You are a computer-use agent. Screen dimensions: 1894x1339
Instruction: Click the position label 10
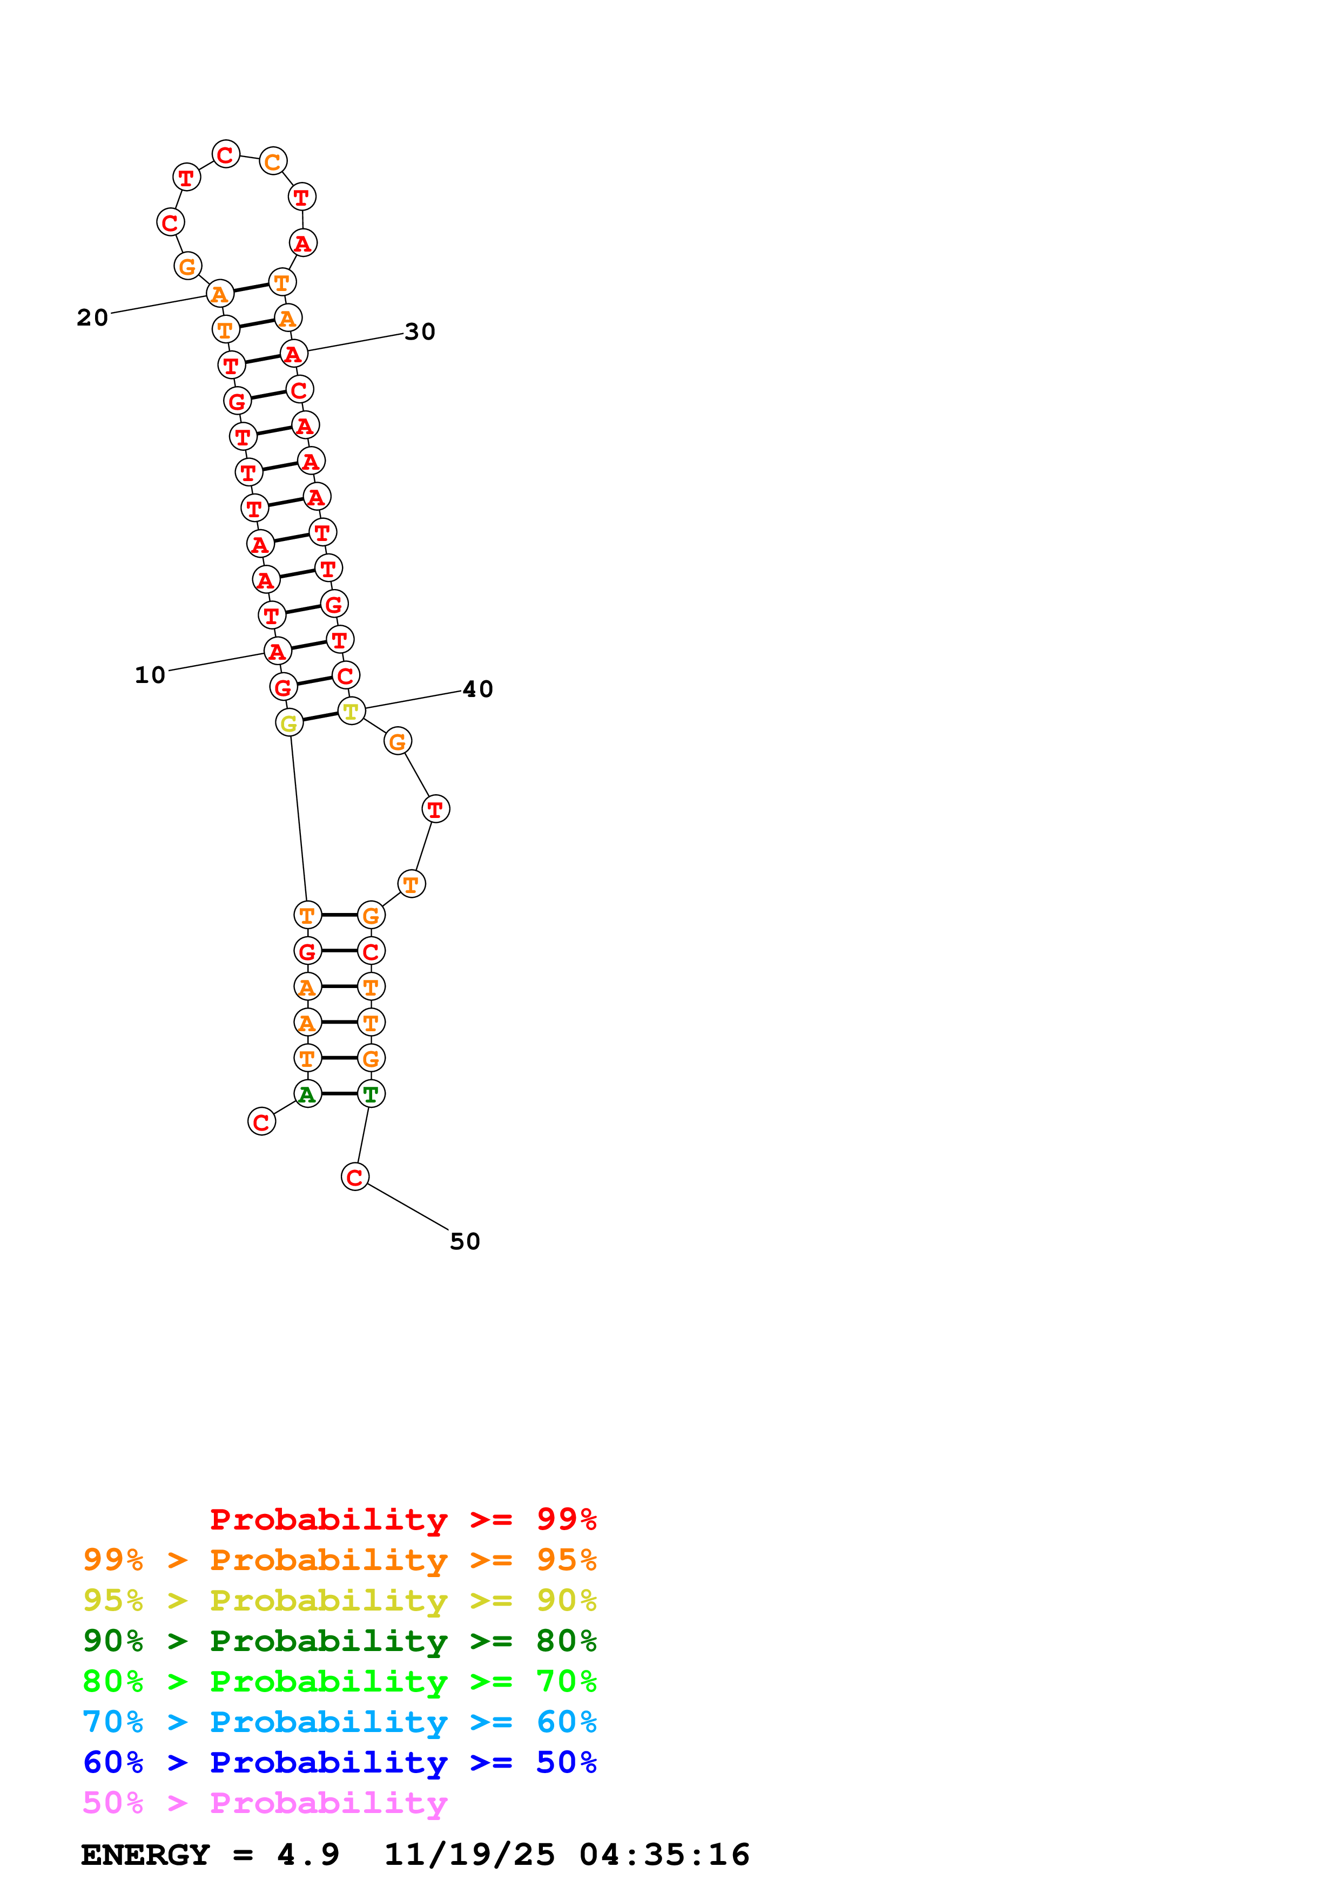(150, 675)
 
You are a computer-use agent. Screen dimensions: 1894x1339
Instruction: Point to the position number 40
(477, 689)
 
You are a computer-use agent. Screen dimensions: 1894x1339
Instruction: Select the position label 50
(465, 1241)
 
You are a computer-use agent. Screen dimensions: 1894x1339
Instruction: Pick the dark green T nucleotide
(371, 1094)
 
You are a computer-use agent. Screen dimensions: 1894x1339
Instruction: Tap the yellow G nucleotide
(289, 723)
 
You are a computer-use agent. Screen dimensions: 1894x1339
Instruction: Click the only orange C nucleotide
(273, 161)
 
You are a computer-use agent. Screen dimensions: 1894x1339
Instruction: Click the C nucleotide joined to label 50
(355, 1177)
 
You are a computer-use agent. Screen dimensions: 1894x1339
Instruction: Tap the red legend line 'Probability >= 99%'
(402, 1519)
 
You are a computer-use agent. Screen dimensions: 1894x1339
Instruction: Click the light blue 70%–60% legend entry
(339, 1722)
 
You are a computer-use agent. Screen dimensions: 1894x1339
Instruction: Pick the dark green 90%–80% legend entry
(339, 1641)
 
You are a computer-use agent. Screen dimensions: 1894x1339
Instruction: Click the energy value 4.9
(308, 1855)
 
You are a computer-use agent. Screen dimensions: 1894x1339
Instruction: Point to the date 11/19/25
(469, 1855)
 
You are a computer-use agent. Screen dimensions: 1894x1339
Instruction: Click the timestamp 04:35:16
(664, 1855)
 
